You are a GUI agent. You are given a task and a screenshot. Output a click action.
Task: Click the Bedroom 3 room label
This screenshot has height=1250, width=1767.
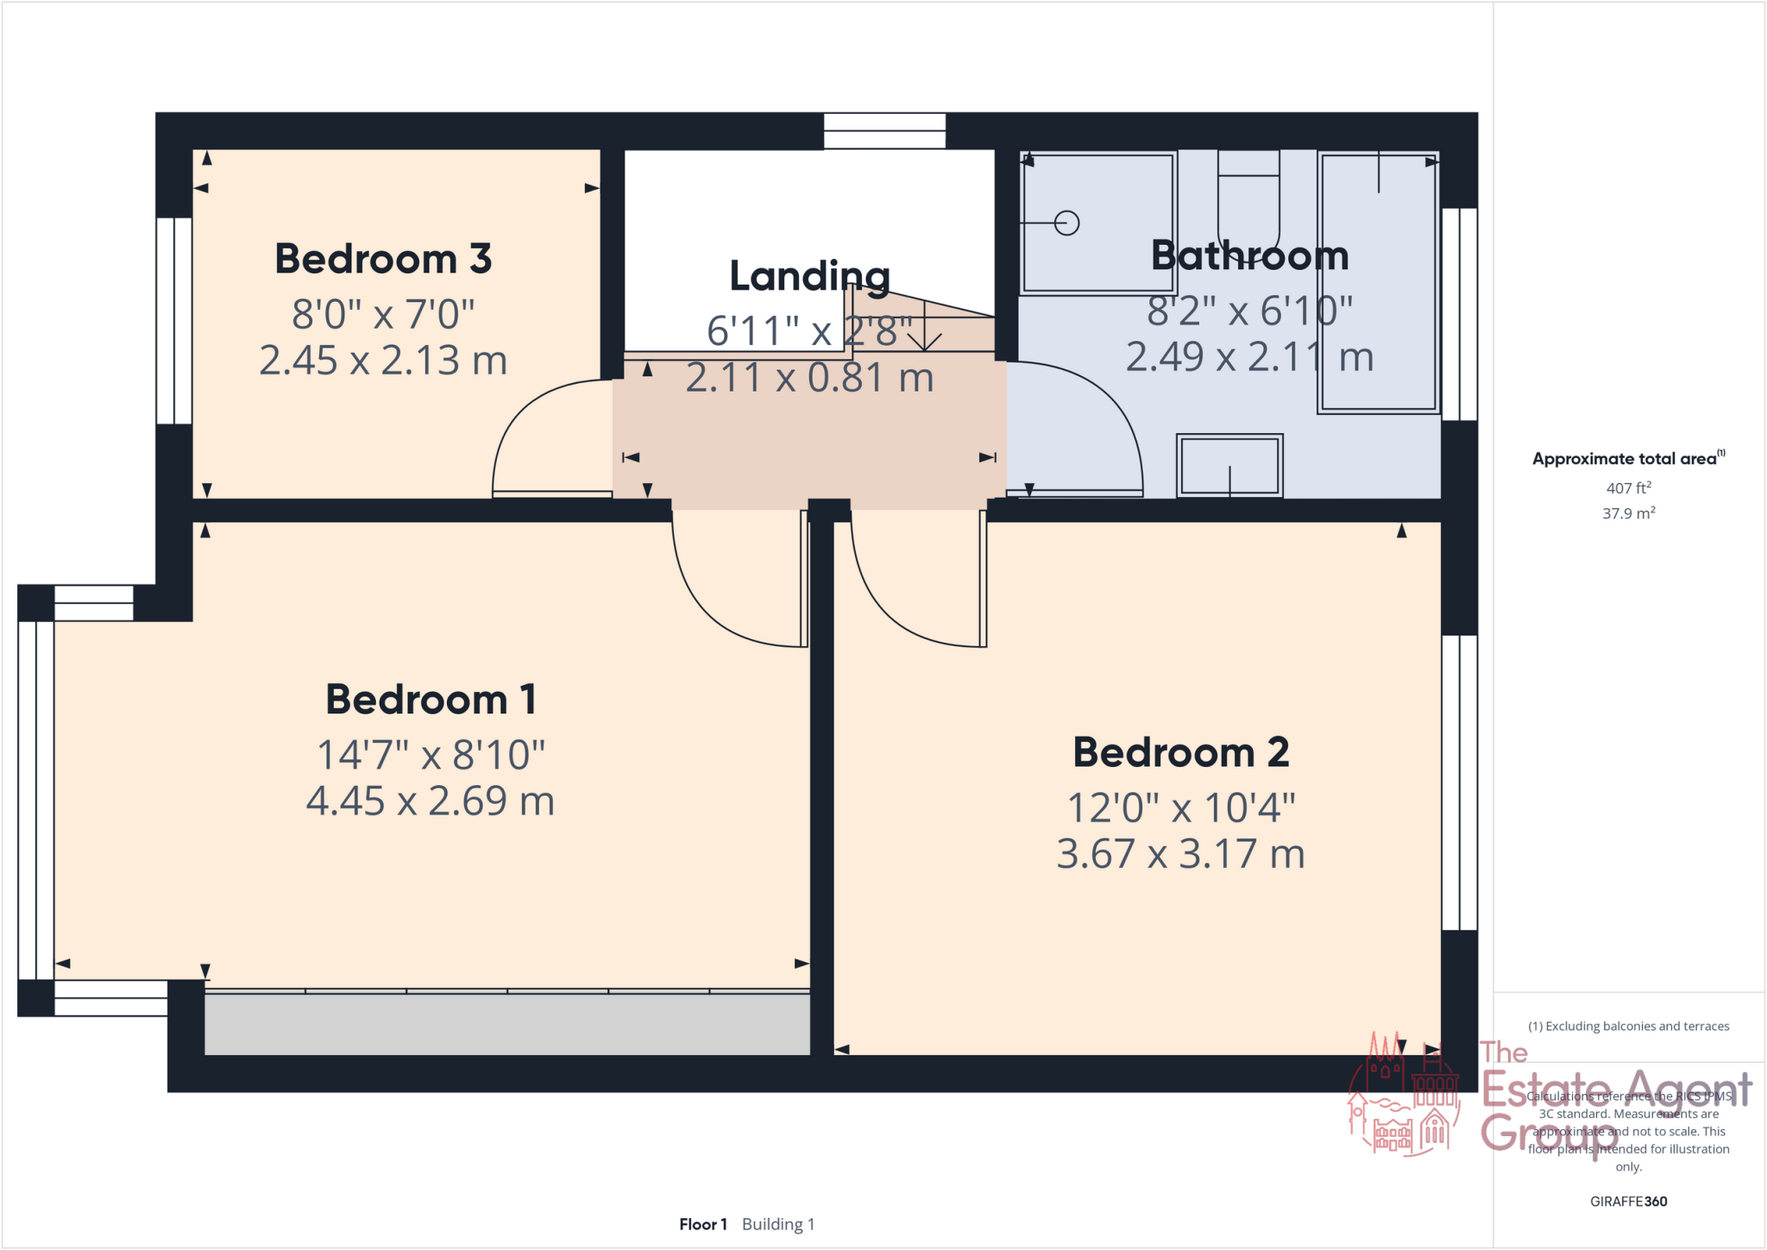(x=383, y=259)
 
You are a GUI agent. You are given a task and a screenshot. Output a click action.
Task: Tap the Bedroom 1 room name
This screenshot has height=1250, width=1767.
(x=431, y=700)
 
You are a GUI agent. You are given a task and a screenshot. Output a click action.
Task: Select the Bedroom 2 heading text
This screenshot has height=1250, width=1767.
(x=1180, y=752)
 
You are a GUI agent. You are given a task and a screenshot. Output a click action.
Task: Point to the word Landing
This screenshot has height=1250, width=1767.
(x=809, y=276)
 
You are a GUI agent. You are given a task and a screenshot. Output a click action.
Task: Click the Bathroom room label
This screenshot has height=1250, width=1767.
(x=1249, y=256)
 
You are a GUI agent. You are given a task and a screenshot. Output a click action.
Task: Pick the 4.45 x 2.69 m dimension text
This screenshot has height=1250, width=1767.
(x=430, y=801)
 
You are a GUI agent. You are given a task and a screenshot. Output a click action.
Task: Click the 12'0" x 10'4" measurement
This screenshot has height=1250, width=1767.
(x=1180, y=808)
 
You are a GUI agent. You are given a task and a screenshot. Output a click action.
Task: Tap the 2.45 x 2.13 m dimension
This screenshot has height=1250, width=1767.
(x=383, y=361)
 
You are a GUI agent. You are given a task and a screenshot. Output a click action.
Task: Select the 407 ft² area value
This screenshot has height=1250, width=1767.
(x=1628, y=488)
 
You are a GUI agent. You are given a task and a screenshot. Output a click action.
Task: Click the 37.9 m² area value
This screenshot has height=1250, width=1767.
(x=1628, y=513)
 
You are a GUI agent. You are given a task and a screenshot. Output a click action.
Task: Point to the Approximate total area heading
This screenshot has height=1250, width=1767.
(x=1627, y=459)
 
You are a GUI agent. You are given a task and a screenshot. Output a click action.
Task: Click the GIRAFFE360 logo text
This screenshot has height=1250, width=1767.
(x=1628, y=1201)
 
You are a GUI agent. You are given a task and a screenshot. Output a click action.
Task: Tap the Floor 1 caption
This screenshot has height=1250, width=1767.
(x=702, y=1224)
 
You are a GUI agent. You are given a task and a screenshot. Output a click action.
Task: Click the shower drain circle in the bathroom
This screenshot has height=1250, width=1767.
(x=1067, y=223)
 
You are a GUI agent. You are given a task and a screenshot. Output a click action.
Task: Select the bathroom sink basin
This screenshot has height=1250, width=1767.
(x=1229, y=466)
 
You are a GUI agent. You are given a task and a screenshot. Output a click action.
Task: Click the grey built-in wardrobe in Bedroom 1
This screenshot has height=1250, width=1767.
(x=506, y=1024)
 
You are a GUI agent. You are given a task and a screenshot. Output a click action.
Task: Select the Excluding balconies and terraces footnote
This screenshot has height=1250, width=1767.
(x=1628, y=1027)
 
